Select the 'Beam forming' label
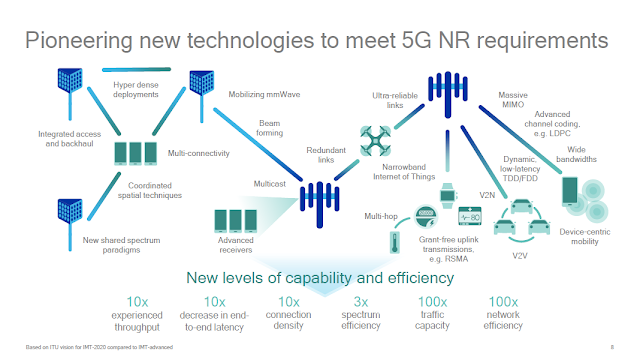click(269, 131)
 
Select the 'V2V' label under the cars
click(519, 254)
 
